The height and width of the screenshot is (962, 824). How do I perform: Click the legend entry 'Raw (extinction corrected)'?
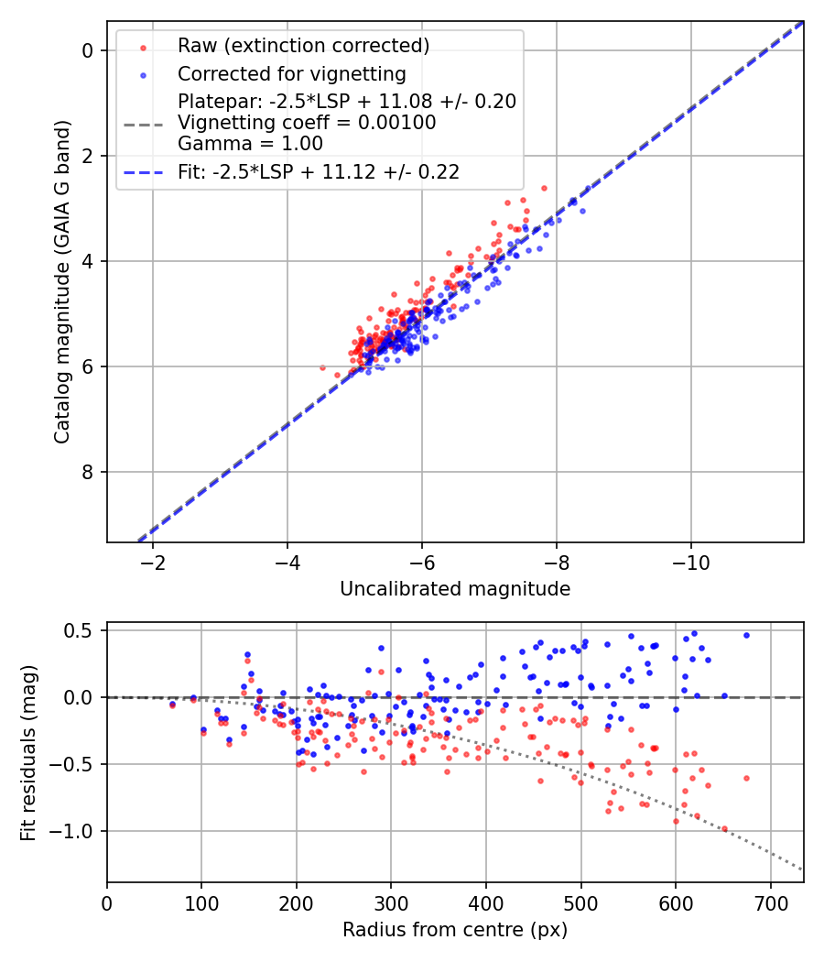(x=304, y=46)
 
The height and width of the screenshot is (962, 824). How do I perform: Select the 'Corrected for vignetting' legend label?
(x=292, y=73)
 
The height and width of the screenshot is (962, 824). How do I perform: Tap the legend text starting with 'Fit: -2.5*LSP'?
(x=319, y=171)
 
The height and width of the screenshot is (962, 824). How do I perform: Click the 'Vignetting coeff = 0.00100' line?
(x=307, y=122)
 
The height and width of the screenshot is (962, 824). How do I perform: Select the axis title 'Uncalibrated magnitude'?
(x=455, y=589)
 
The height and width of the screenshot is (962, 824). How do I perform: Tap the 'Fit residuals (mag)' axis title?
(x=28, y=751)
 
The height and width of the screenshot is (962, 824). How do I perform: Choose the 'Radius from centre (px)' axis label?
(x=455, y=930)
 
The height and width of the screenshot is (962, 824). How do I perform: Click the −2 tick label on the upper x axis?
(x=153, y=562)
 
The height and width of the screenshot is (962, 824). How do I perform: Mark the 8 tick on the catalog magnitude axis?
(x=89, y=472)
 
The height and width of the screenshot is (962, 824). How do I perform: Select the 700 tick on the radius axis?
(x=770, y=902)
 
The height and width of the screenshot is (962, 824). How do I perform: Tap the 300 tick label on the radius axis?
(x=391, y=902)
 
